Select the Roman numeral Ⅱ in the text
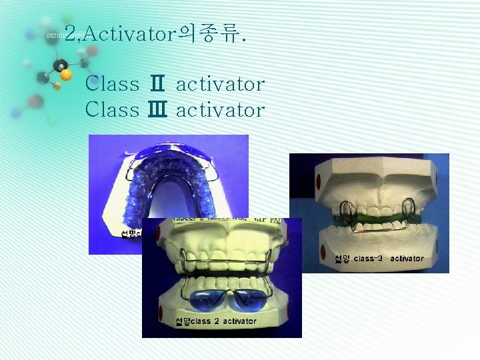tap(158, 85)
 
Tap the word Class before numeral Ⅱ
tap(113, 85)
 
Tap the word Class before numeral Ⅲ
tap(113, 109)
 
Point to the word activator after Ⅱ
tap(220, 85)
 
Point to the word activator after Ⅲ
tap(220, 109)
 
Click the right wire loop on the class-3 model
tap(408, 212)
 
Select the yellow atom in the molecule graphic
tap(57, 85)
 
